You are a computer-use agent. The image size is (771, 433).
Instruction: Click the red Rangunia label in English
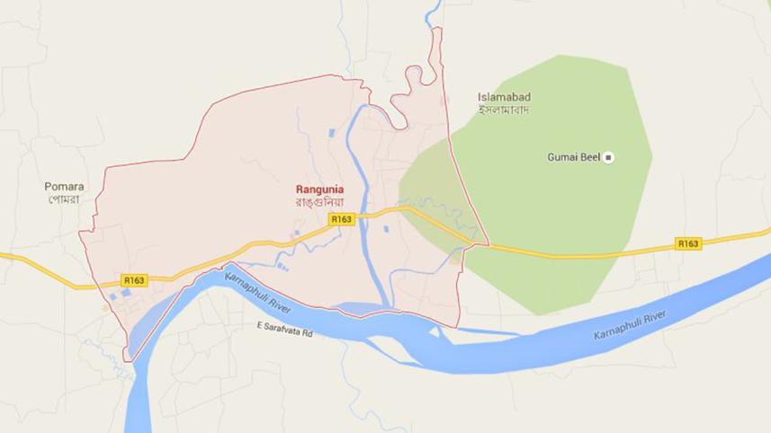coord(320,190)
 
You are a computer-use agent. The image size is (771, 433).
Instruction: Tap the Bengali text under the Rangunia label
coord(320,203)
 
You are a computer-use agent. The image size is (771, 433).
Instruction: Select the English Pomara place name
coord(64,187)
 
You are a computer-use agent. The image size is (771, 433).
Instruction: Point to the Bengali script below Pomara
coord(64,199)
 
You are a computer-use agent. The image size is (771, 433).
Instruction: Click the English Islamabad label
coord(504,97)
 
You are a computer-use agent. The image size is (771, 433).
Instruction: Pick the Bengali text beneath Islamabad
coord(504,110)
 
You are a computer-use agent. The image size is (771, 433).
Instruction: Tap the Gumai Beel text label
coord(573,157)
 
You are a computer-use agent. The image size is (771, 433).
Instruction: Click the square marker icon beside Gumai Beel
coord(608,157)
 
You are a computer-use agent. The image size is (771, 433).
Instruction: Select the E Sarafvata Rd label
coord(284,333)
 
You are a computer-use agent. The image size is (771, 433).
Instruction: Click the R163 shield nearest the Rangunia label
coord(340,219)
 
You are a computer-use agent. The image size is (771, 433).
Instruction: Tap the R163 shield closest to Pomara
coord(134,280)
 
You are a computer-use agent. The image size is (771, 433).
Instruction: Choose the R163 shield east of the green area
coord(688,243)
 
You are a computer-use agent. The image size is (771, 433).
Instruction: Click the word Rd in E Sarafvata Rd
coord(306,333)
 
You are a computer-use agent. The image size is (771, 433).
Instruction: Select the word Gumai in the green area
coord(561,157)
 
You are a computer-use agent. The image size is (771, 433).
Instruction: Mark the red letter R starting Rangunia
coord(300,190)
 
